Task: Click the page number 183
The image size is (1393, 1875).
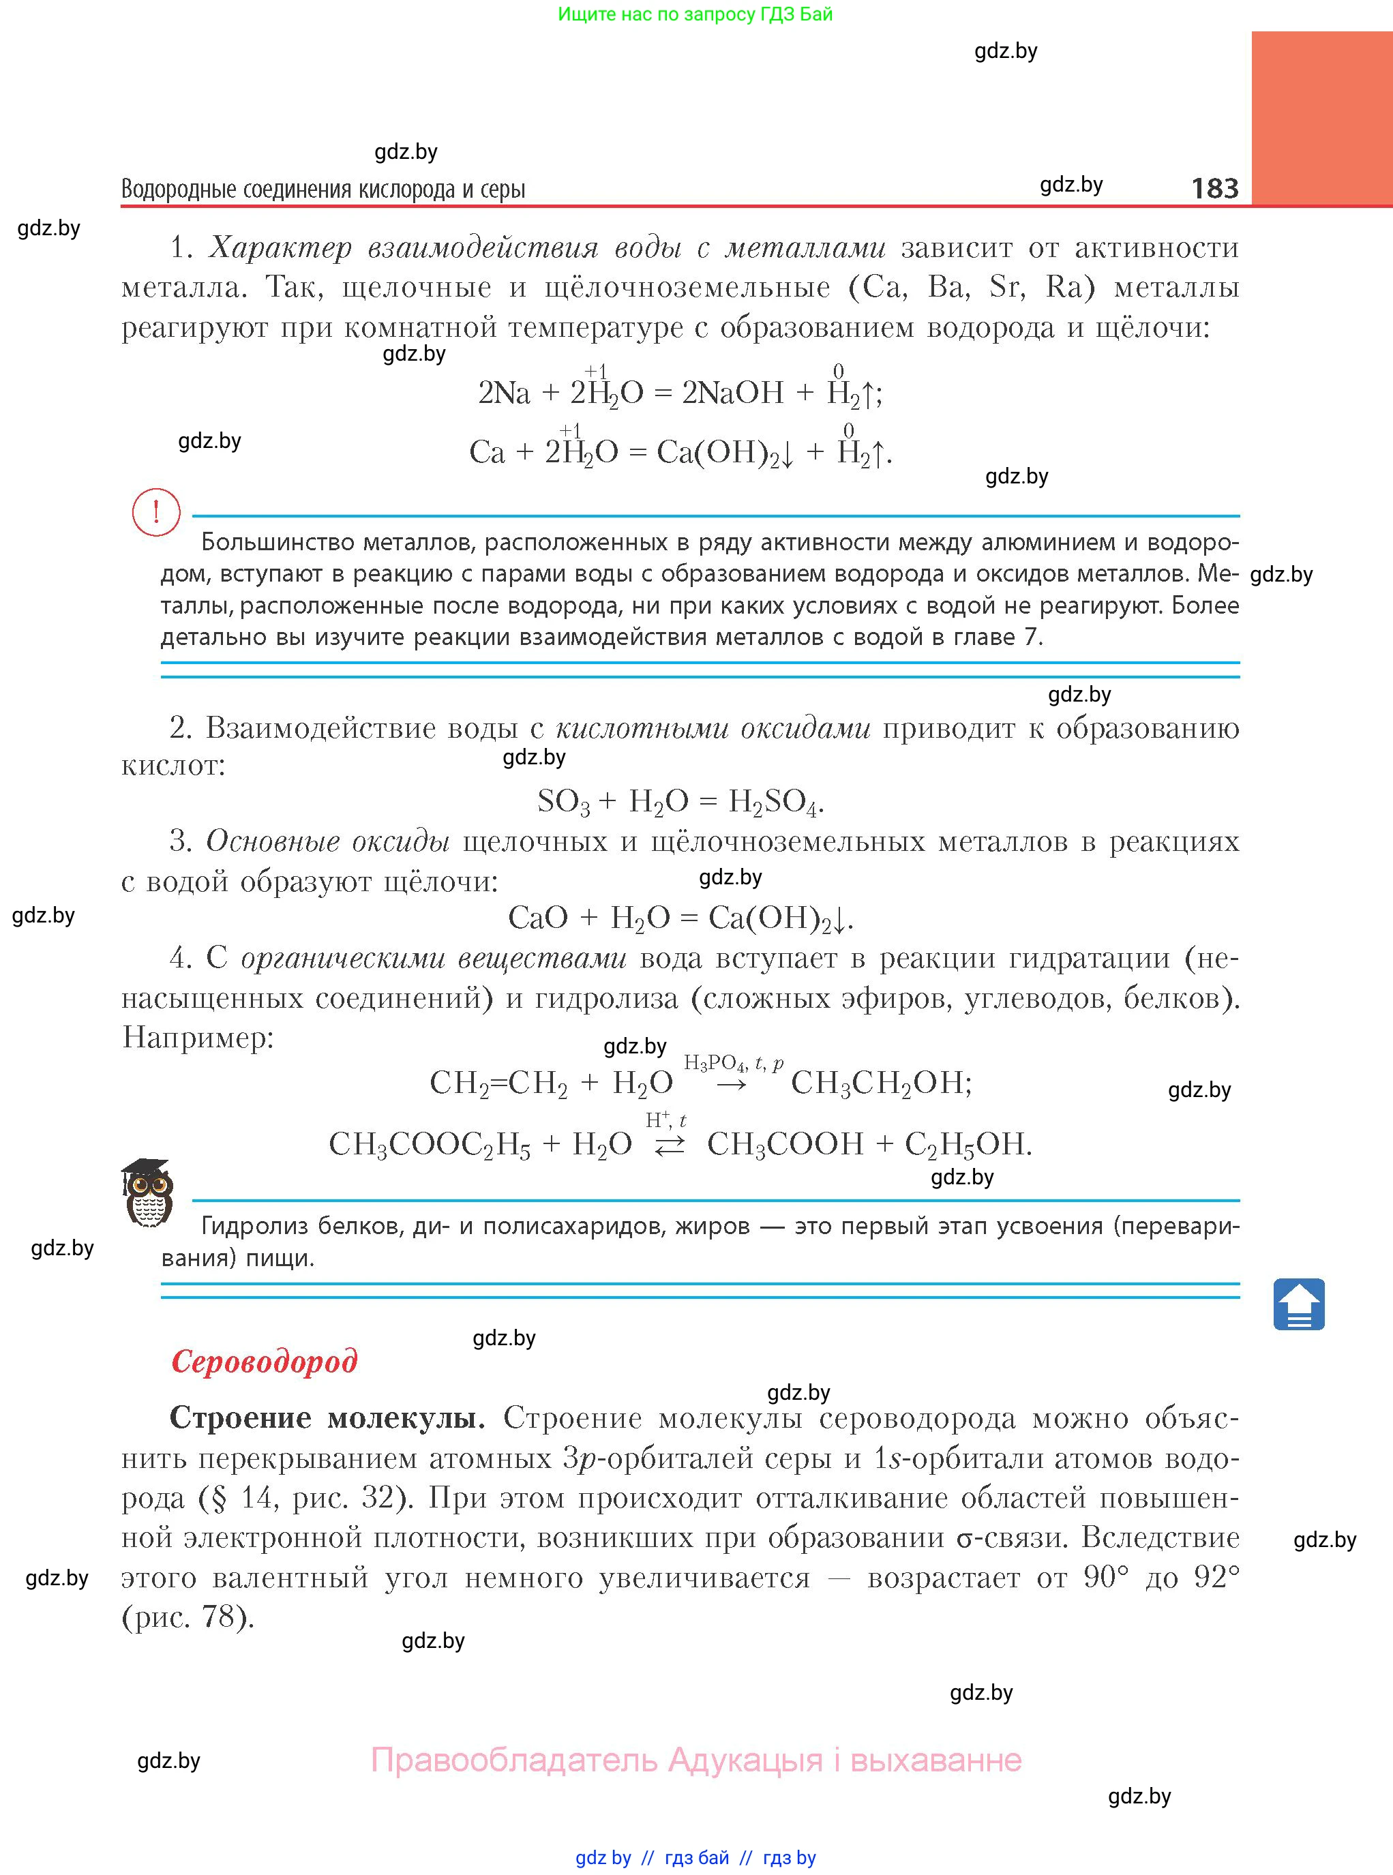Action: click(x=1214, y=188)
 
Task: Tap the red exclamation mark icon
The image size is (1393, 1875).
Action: click(x=156, y=512)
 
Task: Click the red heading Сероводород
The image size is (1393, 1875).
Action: click(x=264, y=1361)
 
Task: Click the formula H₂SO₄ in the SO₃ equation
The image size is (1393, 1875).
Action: click(x=774, y=801)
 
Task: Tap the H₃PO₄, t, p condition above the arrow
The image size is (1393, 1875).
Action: click(x=733, y=1063)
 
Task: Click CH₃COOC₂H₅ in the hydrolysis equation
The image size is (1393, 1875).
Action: click(x=429, y=1144)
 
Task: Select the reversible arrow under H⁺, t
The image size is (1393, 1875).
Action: click(x=669, y=1147)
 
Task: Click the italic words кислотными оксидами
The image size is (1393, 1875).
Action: click(x=713, y=727)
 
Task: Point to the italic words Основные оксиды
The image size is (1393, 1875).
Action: click(x=327, y=841)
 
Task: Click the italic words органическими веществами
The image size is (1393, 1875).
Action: click(x=434, y=959)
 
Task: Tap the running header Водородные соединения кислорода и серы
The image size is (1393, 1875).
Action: click(x=323, y=189)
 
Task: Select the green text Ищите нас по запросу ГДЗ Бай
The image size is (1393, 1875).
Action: click(x=695, y=14)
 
